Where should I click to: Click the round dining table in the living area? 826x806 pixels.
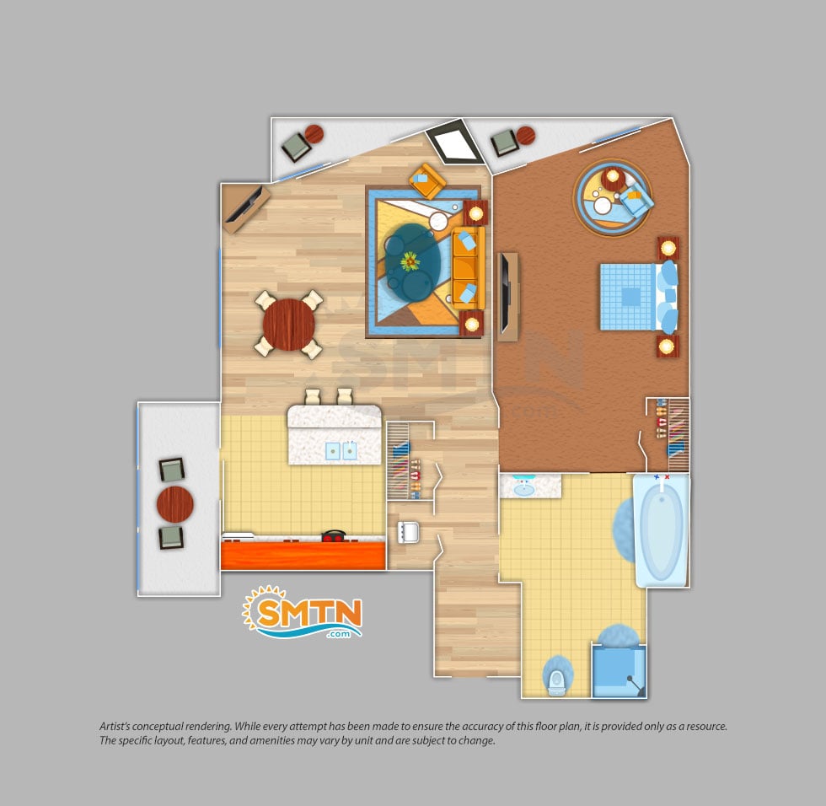point(288,325)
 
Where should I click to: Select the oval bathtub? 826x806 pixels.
point(662,529)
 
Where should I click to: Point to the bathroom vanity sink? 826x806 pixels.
point(523,489)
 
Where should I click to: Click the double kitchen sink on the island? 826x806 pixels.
point(341,451)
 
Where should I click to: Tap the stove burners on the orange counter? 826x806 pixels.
point(334,536)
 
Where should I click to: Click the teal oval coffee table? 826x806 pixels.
point(412,262)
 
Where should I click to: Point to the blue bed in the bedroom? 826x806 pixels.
point(639,297)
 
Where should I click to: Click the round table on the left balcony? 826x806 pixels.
point(175,504)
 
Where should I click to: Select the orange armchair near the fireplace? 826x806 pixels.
point(427,180)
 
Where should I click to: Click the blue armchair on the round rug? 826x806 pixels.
point(636,201)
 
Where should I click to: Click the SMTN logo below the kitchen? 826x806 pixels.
point(302,611)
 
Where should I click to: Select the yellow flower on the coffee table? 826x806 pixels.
point(410,261)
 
